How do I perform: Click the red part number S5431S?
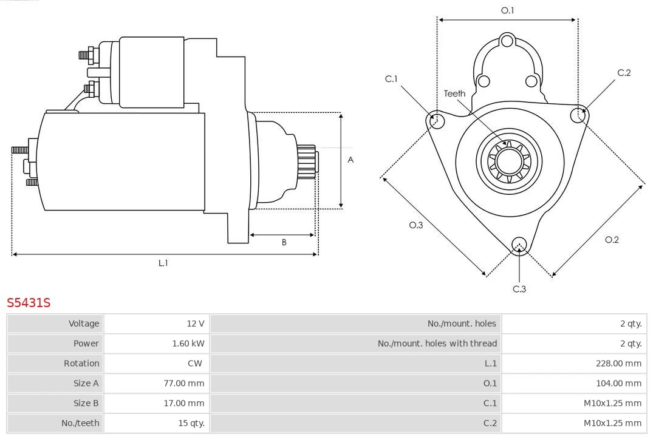tap(29, 302)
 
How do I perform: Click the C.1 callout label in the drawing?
tap(391, 79)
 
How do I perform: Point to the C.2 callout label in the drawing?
tap(624, 73)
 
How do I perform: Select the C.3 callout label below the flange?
tap(519, 289)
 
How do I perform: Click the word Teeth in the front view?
tap(454, 93)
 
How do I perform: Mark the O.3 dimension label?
tap(415, 225)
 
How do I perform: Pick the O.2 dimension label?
tap(612, 240)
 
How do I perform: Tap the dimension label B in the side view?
tap(284, 242)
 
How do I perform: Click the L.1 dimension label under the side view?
tap(163, 263)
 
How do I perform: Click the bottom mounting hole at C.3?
tap(519, 245)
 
